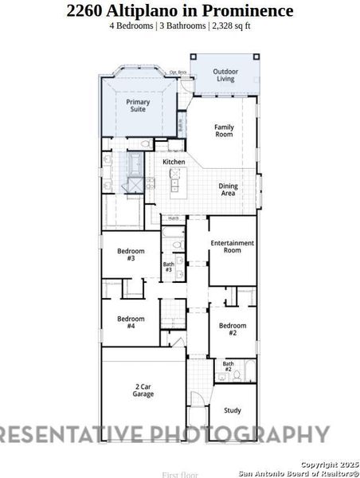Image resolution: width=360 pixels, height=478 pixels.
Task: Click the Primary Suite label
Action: tap(138, 107)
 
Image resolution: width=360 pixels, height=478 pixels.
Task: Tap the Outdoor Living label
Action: tap(225, 75)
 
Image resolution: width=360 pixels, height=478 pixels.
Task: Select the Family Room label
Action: tap(225, 131)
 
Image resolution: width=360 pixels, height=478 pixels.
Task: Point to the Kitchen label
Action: tap(174, 162)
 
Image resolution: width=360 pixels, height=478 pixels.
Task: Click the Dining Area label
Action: tap(228, 190)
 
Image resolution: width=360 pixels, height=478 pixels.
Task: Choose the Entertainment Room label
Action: tap(232, 246)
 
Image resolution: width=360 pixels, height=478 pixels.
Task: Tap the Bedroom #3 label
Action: tap(131, 254)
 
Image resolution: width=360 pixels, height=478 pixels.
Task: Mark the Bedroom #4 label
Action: tap(131, 322)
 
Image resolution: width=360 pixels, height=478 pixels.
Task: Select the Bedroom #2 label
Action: tap(233, 329)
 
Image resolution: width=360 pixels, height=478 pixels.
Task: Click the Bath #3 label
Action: tap(169, 267)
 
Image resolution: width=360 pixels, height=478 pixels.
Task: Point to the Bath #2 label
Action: tap(228, 366)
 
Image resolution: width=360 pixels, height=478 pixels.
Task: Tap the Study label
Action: tap(233, 411)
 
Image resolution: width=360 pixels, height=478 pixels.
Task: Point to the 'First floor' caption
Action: tap(179, 474)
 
